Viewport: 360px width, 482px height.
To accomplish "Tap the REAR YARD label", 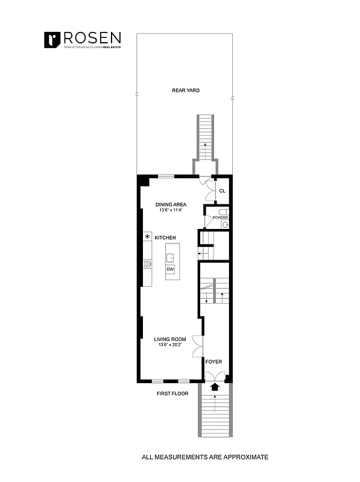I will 185,90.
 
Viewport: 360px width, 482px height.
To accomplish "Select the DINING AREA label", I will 171,204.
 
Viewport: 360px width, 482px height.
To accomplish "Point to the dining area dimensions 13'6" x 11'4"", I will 171,211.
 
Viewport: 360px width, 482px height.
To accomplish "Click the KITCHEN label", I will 165,238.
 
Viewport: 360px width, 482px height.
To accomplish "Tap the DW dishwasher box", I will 171,269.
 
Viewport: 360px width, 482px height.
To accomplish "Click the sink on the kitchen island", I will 171,257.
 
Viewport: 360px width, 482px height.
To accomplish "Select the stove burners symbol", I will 147,263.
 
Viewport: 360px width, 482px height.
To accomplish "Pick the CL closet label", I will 222,191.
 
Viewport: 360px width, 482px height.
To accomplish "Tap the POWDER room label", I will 220,218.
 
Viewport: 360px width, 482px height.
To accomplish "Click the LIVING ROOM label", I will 170,339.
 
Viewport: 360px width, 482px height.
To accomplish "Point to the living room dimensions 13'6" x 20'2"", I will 170,345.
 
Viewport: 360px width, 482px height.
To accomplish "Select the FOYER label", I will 214,361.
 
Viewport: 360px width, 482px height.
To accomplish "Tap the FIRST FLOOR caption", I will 171,393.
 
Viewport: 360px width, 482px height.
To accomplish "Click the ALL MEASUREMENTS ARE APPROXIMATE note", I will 204,457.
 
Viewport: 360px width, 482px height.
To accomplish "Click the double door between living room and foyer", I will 197,346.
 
